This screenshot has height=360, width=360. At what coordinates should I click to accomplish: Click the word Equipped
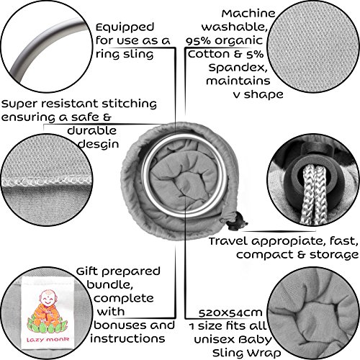[125, 28]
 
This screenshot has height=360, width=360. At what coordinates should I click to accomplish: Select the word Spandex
[238, 68]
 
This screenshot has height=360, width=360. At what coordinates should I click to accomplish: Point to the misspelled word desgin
[99, 144]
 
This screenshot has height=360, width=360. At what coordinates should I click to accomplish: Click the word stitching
[130, 104]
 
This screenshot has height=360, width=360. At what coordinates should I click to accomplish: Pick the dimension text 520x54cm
[230, 313]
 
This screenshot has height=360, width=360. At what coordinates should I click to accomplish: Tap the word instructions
[127, 338]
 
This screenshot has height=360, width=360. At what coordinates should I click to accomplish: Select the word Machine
[248, 14]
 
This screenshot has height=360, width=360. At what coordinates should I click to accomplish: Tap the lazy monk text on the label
[48, 339]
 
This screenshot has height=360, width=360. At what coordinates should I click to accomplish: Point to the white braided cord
[314, 194]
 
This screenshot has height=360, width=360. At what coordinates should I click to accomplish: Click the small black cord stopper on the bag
[236, 222]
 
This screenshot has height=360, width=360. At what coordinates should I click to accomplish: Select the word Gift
[87, 272]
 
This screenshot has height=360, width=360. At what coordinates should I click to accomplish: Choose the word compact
[265, 256]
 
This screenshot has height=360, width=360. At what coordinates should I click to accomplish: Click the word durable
[92, 131]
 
